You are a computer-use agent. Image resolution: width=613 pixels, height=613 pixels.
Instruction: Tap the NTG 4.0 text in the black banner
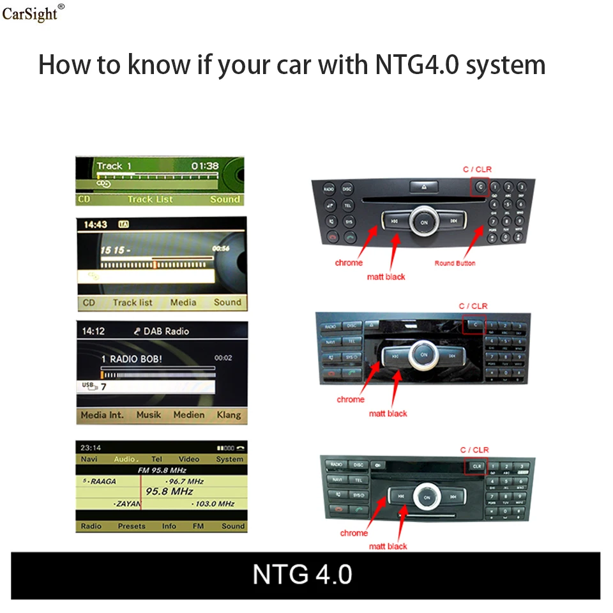tap(302, 573)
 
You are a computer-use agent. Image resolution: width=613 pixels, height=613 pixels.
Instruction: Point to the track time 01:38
tap(205, 166)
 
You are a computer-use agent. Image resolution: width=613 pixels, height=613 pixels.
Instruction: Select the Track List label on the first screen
tap(150, 199)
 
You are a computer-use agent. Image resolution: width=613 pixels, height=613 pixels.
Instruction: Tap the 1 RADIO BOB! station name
tap(132, 359)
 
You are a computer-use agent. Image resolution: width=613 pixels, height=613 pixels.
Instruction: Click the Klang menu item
tap(229, 414)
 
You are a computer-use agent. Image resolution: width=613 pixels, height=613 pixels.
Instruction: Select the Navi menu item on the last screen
tap(89, 459)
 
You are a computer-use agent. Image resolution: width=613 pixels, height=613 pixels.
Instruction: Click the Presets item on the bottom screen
tap(132, 526)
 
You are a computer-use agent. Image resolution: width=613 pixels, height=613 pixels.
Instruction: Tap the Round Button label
tap(455, 263)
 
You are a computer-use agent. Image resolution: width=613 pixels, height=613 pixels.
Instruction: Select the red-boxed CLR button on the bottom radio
tap(476, 466)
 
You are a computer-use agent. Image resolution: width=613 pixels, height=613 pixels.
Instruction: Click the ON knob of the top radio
tap(424, 222)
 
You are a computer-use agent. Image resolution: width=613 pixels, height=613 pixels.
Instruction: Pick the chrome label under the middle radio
tap(351, 400)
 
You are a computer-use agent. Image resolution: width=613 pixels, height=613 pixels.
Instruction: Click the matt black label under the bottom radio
tap(388, 546)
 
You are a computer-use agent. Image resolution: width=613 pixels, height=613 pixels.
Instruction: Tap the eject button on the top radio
tap(425, 187)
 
